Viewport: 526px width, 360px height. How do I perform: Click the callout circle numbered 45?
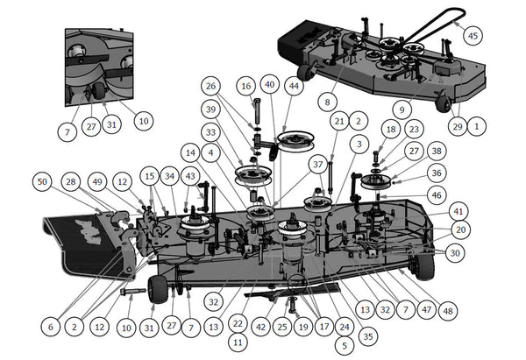point(473,36)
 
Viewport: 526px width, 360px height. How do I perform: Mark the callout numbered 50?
point(42,181)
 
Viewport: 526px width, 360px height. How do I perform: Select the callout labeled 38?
point(436,151)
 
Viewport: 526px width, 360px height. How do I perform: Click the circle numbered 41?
point(458,211)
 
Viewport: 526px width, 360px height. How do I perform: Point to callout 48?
point(450,310)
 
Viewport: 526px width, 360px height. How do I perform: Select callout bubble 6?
point(51,326)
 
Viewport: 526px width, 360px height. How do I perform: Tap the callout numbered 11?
point(238,342)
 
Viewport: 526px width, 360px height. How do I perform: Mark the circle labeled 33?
point(210,132)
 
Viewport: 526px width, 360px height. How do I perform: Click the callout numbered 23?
point(414,129)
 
